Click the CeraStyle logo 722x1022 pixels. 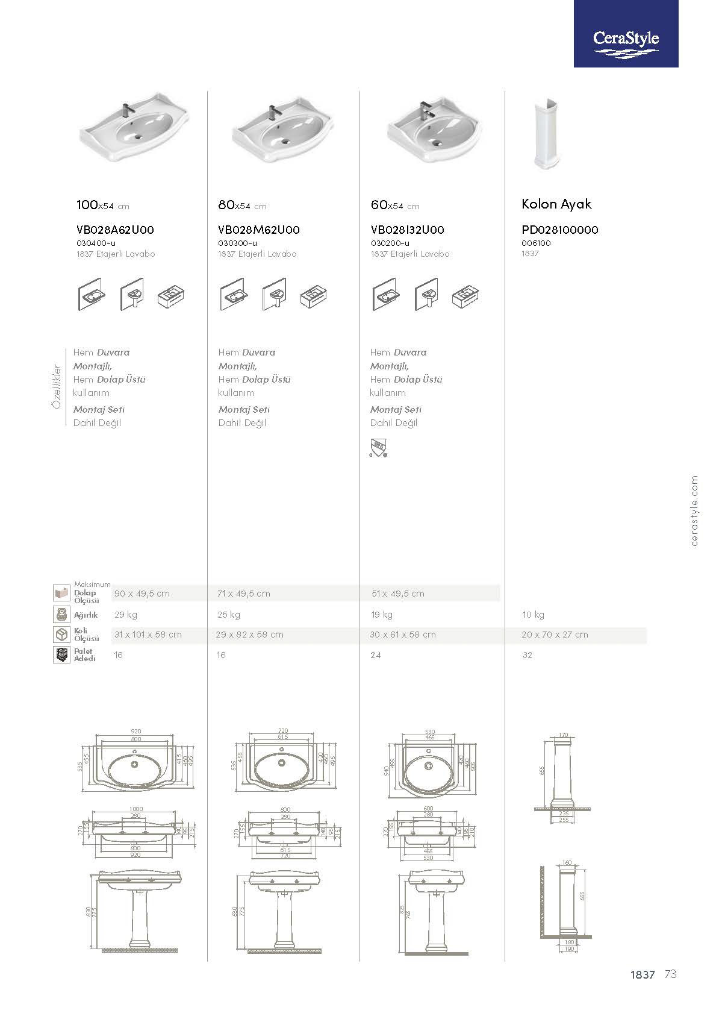pos(626,40)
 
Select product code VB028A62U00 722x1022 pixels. pos(116,230)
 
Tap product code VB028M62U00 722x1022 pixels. pos(259,230)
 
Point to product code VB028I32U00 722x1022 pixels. pos(408,230)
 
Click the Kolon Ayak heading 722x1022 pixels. pos(556,204)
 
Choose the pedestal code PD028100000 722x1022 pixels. pos(560,230)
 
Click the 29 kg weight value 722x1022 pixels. pos(126,615)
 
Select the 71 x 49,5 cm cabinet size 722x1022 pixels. pos(244,594)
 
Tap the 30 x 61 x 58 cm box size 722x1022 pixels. pos(403,635)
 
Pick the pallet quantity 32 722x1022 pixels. pos(527,655)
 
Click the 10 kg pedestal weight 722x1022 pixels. pos(533,615)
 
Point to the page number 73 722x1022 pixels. pos(671,974)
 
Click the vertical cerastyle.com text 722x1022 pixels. pos(695,511)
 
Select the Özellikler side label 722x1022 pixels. pos(57,386)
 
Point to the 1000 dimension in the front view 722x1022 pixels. pos(136,809)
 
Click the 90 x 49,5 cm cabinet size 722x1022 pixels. pos(142,594)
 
